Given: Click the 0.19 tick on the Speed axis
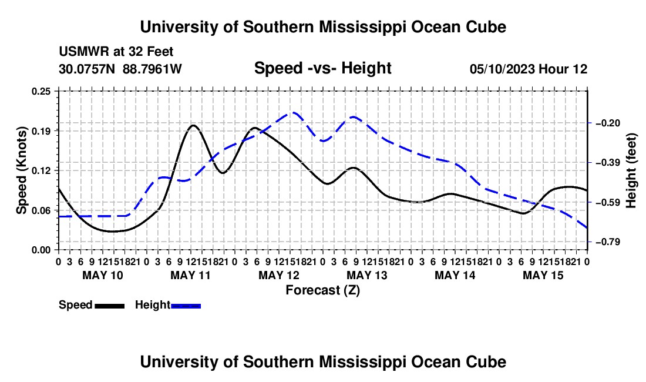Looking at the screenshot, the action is point(41,131).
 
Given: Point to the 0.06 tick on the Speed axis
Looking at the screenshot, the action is point(41,210).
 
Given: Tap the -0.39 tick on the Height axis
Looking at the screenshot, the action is point(608,162).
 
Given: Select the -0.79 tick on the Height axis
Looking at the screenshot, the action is point(608,242).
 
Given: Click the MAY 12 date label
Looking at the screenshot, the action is point(279,275).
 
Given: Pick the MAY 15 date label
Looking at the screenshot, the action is point(543,275).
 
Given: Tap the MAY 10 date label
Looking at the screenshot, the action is point(103,275).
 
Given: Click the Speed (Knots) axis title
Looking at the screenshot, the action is point(21,170).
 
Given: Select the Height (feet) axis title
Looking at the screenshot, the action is point(631,170).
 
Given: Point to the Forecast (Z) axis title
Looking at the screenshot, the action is point(322,290).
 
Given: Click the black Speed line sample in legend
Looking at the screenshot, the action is point(110,306).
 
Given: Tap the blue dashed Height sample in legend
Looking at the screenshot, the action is point(186,306).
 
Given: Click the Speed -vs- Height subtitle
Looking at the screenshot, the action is point(322,68).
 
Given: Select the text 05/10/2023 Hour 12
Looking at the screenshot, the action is point(529,69).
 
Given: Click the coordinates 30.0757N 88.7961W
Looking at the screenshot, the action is point(120,69).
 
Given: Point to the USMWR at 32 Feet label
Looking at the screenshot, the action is point(116,52).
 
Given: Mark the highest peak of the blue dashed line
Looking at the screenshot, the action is point(294,112).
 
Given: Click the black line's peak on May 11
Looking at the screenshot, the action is point(193,125).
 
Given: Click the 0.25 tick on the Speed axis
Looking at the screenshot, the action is point(41,91).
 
